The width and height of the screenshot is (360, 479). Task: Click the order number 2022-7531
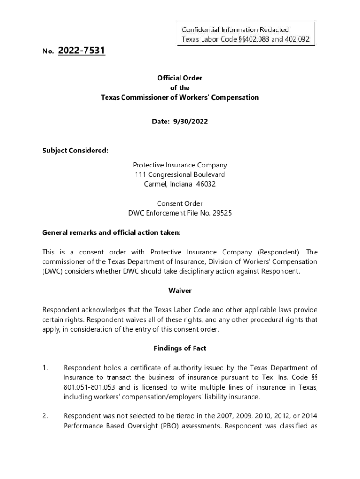point(82,51)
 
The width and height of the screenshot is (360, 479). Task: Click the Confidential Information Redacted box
point(245,35)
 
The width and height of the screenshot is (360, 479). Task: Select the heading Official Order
point(180,78)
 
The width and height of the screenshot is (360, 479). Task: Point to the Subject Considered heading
point(75,151)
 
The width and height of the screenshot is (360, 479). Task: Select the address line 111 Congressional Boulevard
point(180,174)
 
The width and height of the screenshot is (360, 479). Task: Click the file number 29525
point(223,213)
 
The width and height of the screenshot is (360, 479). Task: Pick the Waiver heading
point(180,291)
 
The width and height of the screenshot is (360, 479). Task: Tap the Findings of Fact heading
point(180,348)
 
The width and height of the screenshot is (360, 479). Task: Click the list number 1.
point(45,368)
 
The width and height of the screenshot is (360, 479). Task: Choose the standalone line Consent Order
point(180,203)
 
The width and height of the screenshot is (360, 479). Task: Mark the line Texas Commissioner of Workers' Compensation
point(180,98)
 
